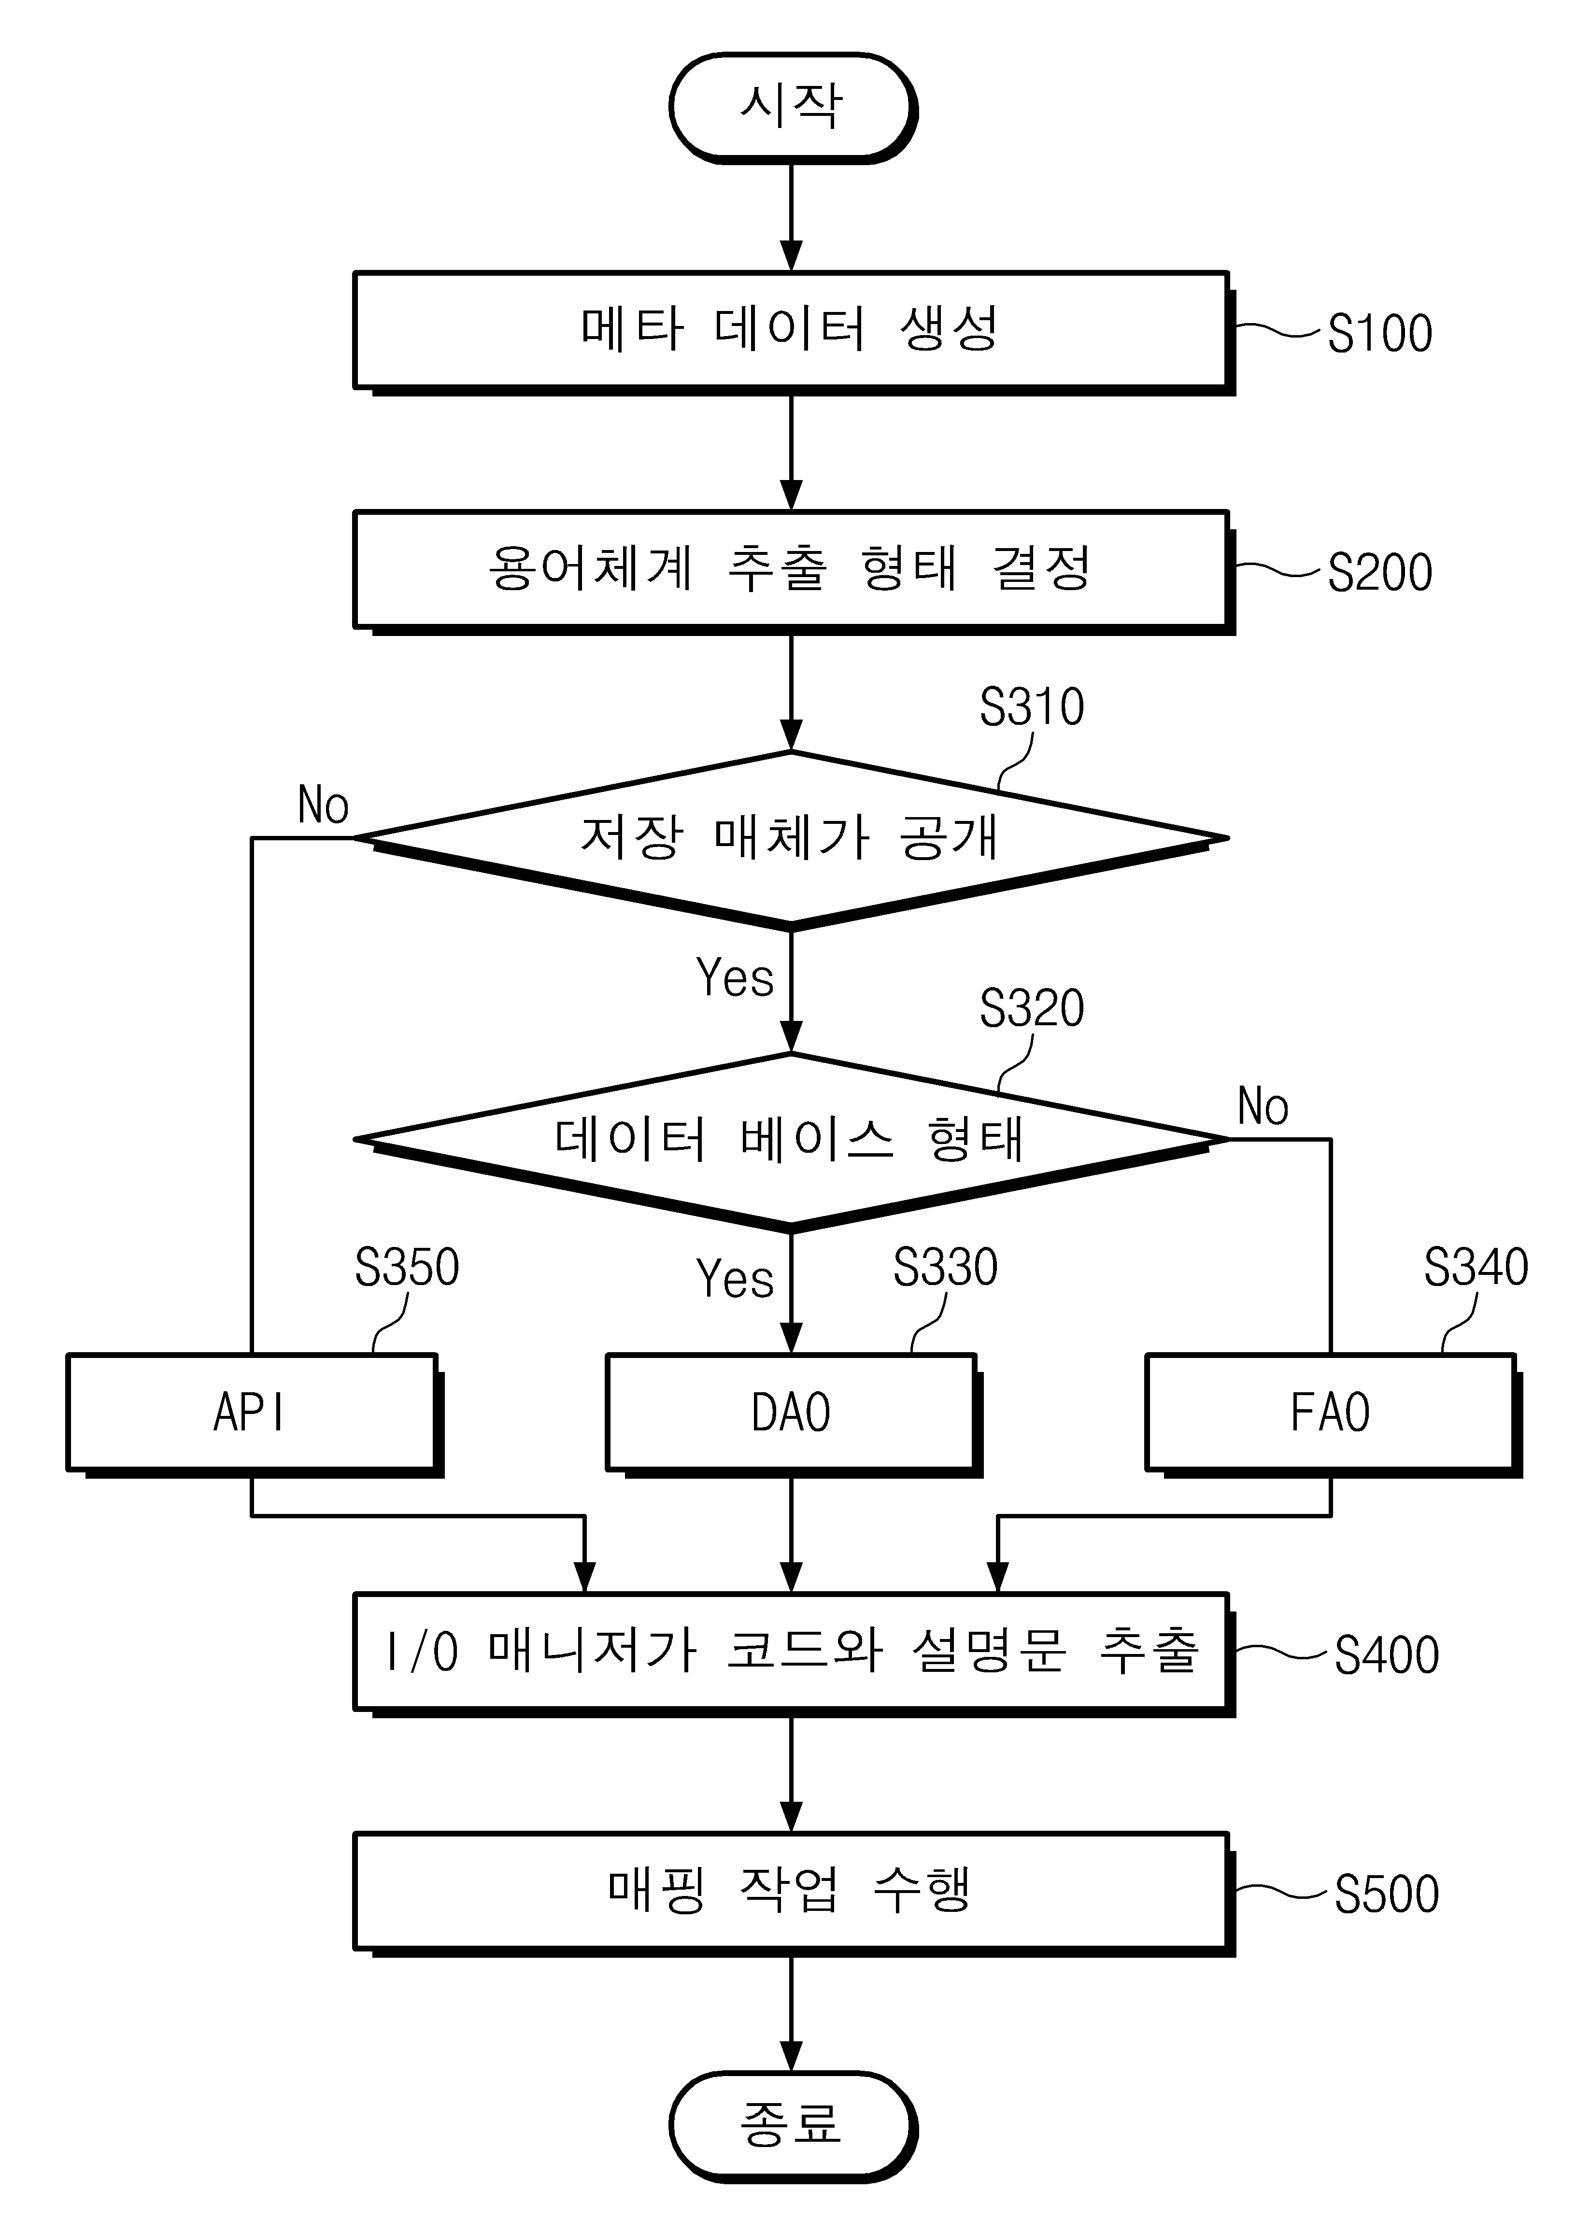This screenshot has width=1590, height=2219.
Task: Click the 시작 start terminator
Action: (793, 108)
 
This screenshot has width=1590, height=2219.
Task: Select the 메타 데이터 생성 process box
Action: (793, 333)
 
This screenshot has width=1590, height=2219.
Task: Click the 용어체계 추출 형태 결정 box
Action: (793, 571)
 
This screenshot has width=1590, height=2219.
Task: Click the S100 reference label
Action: (1379, 334)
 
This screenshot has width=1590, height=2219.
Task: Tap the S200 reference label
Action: (1379, 572)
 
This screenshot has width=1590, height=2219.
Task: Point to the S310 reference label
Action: (1032, 707)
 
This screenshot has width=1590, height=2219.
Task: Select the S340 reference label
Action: (1476, 1267)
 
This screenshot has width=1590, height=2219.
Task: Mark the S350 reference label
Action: (407, 1267)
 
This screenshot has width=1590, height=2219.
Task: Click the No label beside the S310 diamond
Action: (323, 805)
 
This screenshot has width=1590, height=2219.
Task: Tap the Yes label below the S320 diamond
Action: (735, 1278)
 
